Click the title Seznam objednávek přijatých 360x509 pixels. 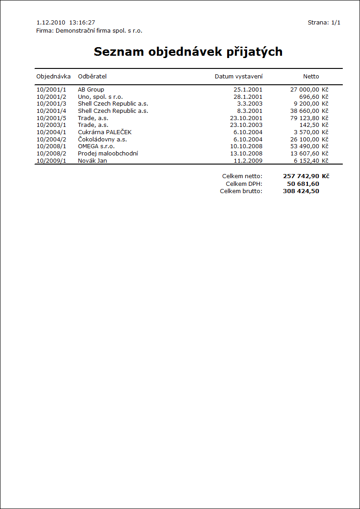click(x=188, y=52)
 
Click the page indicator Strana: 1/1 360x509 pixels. click(x=324, y=22)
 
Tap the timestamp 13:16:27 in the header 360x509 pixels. click(x=82, y=22)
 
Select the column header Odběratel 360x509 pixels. click(x=92, y=76)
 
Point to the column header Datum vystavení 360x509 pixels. click(x=238, y=76)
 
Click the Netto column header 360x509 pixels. click(x=311, y=76)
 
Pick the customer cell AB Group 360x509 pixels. click(x=91, y=90)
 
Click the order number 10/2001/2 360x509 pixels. click(x=51, y=97)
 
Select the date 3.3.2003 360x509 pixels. click(x=250, y=104)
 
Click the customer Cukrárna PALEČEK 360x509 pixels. click(x=105, y=132)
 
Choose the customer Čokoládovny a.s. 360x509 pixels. click(x=102, y=139)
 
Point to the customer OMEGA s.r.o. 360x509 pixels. click(x=96, y=146)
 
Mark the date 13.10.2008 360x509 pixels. click(x=246, y=153)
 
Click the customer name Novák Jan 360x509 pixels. click(x=92, y=160)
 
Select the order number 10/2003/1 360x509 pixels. click(x=51, y=125)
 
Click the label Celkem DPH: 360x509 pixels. click(x=244, y=184)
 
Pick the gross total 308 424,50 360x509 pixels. click(x=301, y=191)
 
